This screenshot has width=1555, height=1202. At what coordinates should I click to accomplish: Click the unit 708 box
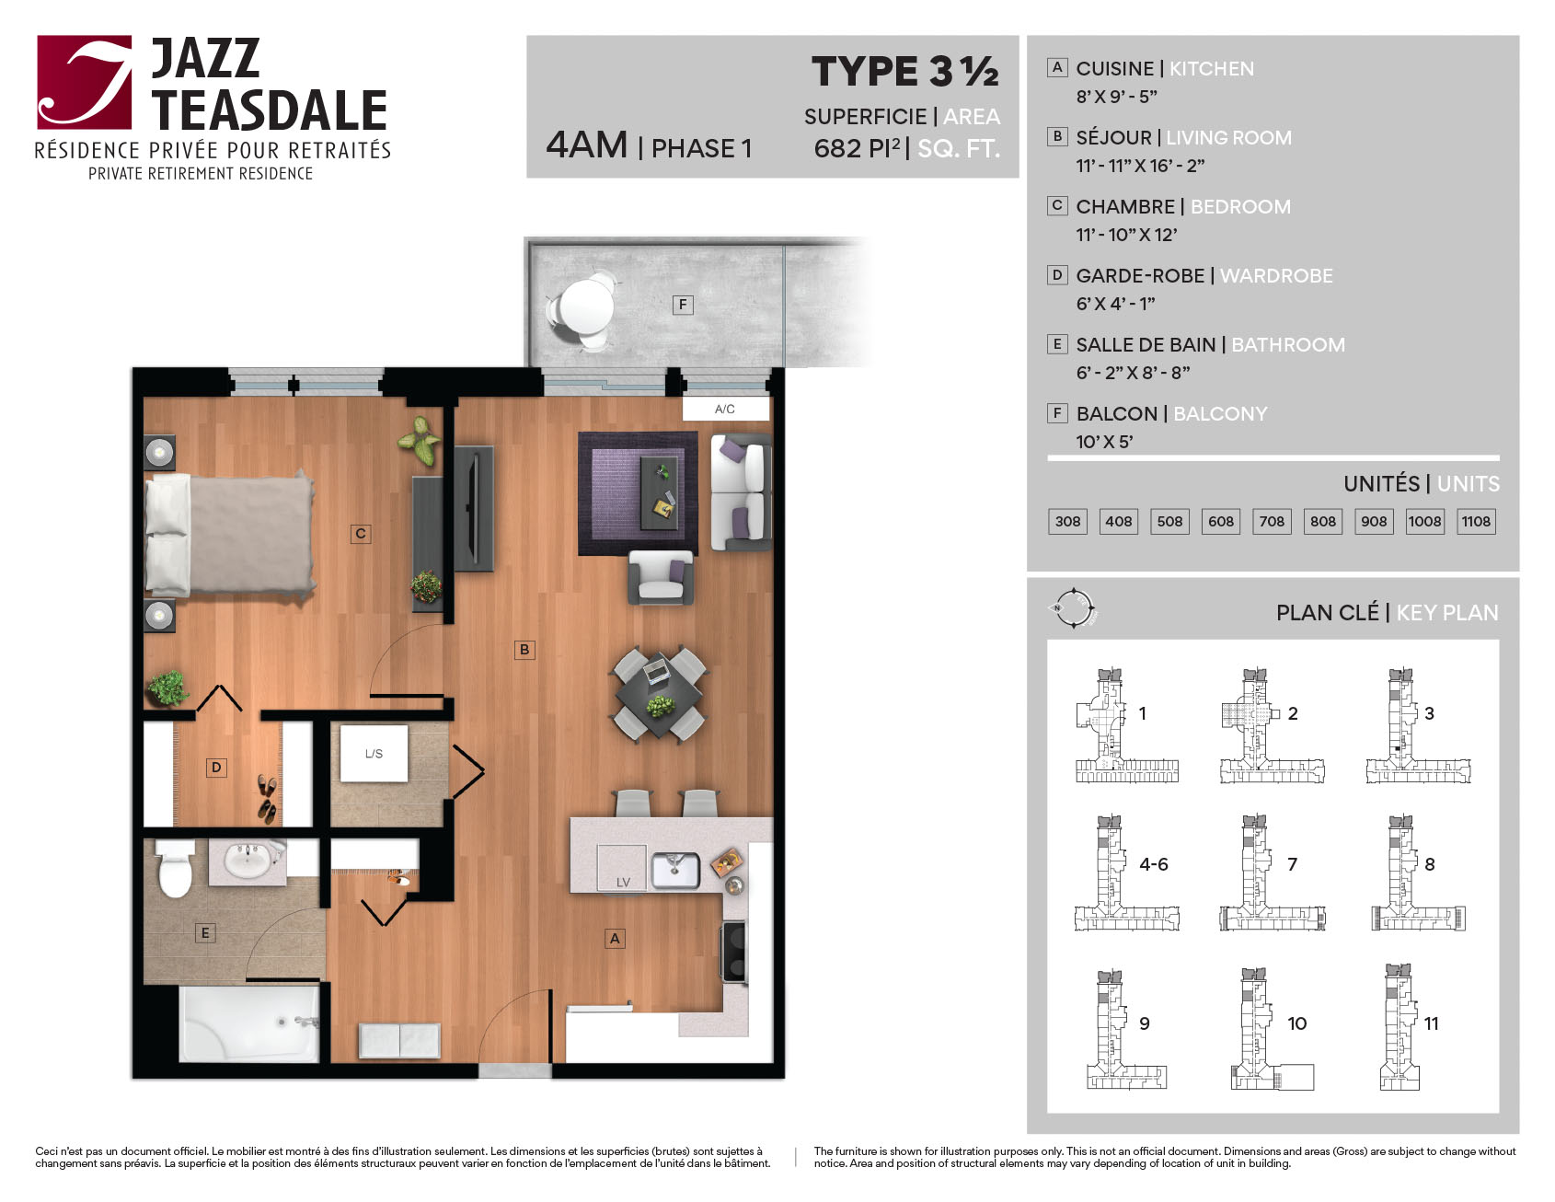(x=1272, y=522)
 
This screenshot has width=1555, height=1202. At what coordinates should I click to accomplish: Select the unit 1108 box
(x=1476, y=522)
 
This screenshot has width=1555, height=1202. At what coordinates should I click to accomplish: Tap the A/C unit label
(x=725, y=409)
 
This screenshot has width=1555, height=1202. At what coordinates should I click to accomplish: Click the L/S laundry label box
(x=374, y=754)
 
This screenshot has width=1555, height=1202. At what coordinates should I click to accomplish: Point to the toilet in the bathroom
(x=175, y=869)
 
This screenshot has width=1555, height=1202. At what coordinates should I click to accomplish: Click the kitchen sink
(x=675, y=871)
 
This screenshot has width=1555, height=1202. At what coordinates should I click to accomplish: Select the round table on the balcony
(x=586, y=306)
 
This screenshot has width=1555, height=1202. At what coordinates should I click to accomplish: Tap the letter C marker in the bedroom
(x=361, y=533)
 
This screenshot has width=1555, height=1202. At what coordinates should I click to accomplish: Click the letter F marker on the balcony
(x=683, y=305)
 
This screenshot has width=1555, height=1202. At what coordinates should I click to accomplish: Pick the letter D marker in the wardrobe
(x=216, y=768)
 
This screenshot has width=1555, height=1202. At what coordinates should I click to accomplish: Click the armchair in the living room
(x=661, y=577)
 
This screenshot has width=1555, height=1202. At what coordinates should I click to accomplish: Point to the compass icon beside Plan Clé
(x=1073, y=608)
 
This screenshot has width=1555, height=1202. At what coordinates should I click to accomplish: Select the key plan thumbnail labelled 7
(x=1273, y=873)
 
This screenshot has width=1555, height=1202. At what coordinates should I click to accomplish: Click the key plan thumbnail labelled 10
(x=1273, y=1029)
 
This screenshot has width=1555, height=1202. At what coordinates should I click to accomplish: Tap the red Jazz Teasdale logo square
(x=85, y=82)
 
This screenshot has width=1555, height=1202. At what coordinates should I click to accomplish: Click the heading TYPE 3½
(x=905, y=72)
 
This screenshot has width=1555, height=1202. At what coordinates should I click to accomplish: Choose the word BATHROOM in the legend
(x=1288, y=345)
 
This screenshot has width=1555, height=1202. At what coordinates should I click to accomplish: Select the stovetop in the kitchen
(x=734, y=951)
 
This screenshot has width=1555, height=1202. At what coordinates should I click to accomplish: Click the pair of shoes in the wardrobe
(x=267, y=798)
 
